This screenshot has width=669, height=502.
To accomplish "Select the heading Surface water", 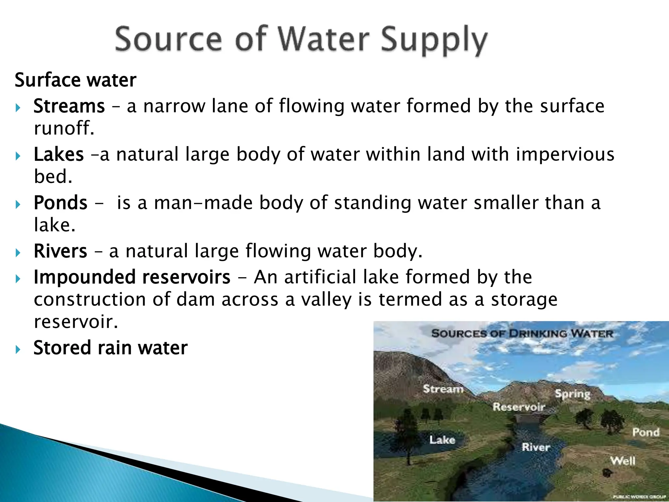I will pyautogui.click(x=75, y=80).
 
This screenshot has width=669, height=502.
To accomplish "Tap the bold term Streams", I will pyautogui.click(x=69, y=106).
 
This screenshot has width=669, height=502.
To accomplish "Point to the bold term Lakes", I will pyautogui.click(x=59, y=155).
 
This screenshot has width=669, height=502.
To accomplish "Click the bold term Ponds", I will pyautogui.click(x=60, y=203).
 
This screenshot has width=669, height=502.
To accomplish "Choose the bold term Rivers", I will pyautogui.click(x=60, y=251).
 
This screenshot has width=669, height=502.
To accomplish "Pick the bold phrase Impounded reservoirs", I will pyautogui.click(x=132, y=277).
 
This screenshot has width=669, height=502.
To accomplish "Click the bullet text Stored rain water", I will pyautogui.click(x=110, y=347).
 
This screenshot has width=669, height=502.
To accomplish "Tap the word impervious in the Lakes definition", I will pyautogui.click(x=565, y=155).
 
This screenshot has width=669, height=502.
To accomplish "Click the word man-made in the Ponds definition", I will pyautogui.click(x=203, y=203).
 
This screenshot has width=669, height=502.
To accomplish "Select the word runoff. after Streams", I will pyautogui.click(x=64, y=128).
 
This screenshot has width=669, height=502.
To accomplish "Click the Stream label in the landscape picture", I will pyautogui.click(x=443, y=389).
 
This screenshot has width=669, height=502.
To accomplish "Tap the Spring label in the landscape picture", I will pyautogui.click(x=573, y=394).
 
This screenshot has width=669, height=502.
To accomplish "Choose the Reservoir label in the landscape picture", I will pyautogui.click(x=519, y=407).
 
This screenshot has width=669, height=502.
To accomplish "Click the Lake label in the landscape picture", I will pyautogui.click(x=442, y=440).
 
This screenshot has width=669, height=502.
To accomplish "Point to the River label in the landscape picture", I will pyautogui.click(x=536, y=447).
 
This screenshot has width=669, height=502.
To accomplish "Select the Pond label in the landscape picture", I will pyautogui.click(x=646, y=432).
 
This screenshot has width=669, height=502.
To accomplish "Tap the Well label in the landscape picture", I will pyautogui.click(x=623, y=461).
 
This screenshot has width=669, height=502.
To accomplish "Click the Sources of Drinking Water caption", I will pyautogui.click(x=522, y=334).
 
